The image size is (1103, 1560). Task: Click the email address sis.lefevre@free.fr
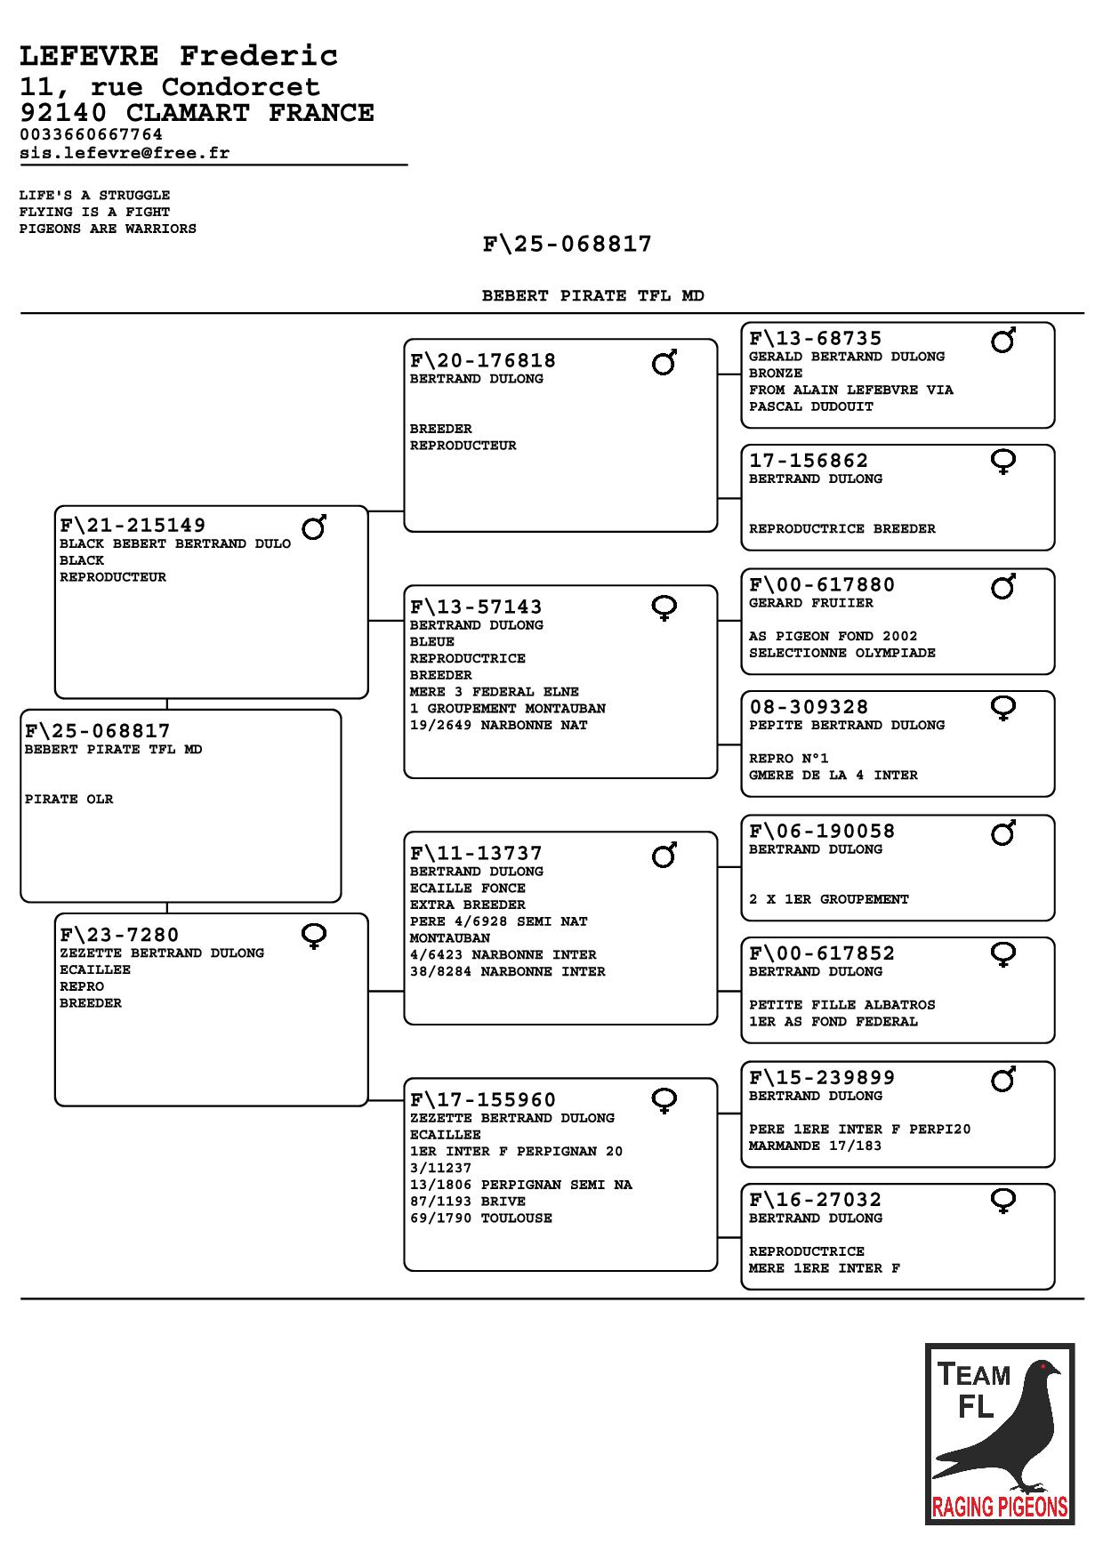(x=125, y=153)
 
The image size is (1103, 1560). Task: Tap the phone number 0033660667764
(x=91, y=134)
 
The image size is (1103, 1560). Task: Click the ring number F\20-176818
(x=482, y=360)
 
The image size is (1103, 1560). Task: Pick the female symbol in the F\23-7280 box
(x=314, y=936)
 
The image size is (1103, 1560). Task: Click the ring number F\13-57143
(x=476, y=607)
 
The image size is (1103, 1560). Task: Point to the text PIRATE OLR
(x=68, y=799)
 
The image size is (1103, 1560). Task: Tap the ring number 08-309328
(x=809, y=707)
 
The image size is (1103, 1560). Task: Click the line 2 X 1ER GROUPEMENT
(x=828, y=899)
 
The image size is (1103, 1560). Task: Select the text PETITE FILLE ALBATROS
(x=841, y=1005)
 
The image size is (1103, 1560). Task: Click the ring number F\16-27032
(x=815, y=1199)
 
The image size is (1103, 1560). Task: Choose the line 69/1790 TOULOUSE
(x=480, y=1218)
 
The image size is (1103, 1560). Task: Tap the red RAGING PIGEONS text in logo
(x=999, y=1507)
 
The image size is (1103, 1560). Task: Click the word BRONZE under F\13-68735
(x=775, y=374)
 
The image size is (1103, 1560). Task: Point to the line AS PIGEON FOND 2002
(x=833, y=636)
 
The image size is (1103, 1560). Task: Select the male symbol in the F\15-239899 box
(x=1003, y=1080)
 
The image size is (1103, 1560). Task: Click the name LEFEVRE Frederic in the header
(x=179, y=56)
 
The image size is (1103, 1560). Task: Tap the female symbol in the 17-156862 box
(x=1003, y=462)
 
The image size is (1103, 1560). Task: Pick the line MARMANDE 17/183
(x=815, y=1146)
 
